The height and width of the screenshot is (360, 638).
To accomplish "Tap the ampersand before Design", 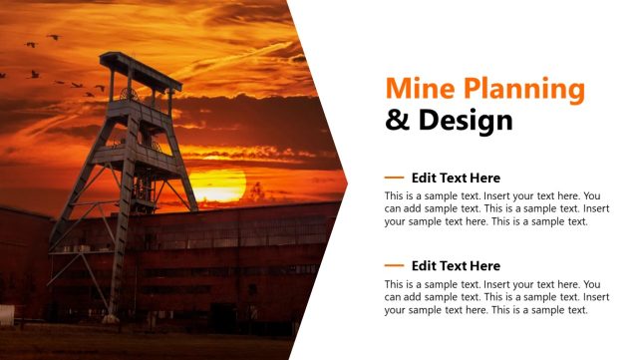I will [x=397, y=121].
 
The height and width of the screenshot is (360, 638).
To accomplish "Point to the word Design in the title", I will [x=464, y=121].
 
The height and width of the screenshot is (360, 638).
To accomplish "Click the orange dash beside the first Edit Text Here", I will [x=394, y=178].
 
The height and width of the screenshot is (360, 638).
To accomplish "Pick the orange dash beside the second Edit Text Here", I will [x=394, y=265].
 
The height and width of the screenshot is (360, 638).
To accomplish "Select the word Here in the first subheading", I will [x=484, y=178].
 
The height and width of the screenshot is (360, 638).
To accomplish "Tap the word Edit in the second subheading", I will [x=425, y=265].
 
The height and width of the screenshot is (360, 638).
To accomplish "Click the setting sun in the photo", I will [x=216, y=185].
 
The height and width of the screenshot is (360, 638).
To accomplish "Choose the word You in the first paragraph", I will [x=591, y=195].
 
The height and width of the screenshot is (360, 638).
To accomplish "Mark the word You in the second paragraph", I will [x=591, y=284].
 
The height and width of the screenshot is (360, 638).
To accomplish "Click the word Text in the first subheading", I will [x=454, y=178].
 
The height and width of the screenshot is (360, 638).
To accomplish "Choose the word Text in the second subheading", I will [x=454, y=265].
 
